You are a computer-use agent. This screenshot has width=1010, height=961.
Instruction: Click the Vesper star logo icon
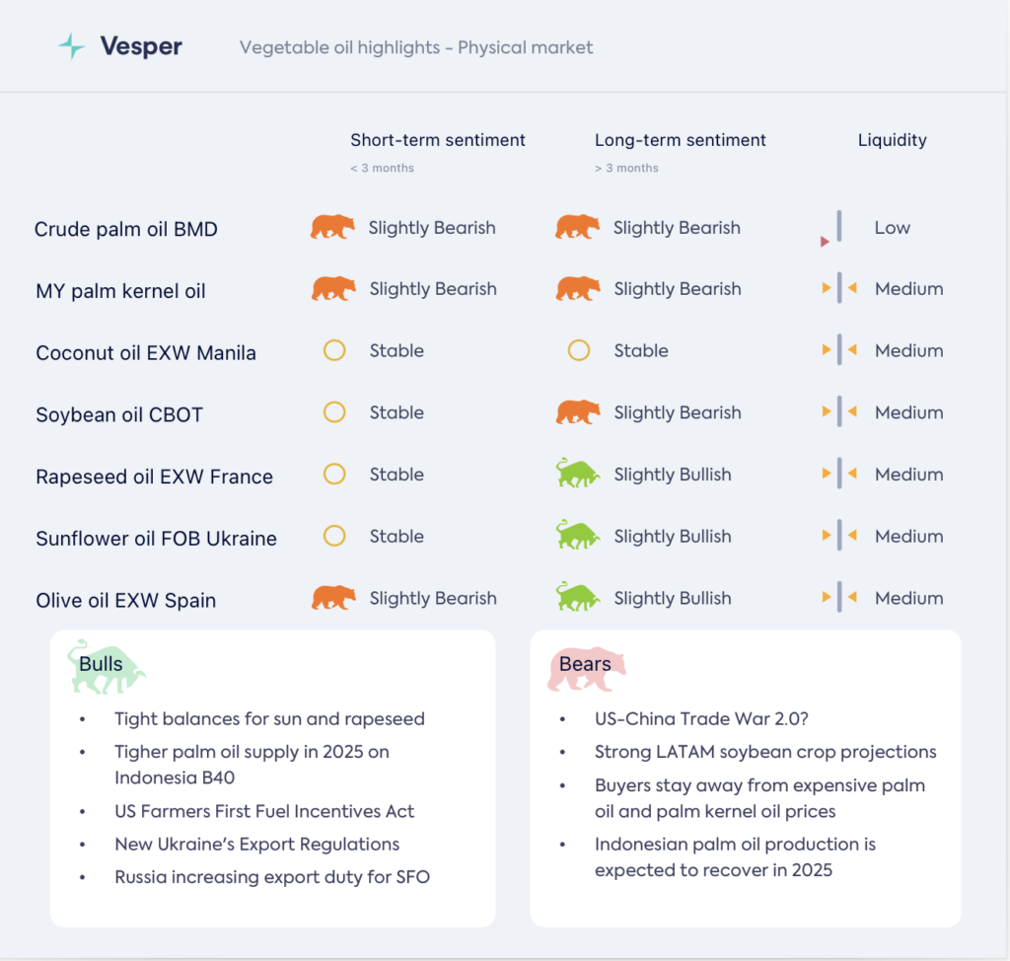[71, 46]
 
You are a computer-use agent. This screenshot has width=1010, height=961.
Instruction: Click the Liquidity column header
[892, 140]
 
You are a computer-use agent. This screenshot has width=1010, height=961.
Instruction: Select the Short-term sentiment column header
[438, 140]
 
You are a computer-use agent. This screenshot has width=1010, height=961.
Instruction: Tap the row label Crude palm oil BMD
[125, 229]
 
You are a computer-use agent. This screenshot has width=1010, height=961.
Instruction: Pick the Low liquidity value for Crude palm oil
[892, 228]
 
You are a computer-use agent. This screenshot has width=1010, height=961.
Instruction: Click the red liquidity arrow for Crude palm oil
[825, 242]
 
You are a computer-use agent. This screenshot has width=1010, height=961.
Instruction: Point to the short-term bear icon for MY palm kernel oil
[333, 289]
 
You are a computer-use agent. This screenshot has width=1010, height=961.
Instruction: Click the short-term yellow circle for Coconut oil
[334, 350]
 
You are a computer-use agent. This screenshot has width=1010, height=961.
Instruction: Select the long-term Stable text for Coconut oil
[641, 350]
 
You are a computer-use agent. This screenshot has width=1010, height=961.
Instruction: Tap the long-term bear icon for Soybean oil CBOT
[578, 412]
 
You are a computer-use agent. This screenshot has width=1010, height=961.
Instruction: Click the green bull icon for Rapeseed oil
[578, 475]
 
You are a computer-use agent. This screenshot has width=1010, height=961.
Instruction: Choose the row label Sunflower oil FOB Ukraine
[156, 539]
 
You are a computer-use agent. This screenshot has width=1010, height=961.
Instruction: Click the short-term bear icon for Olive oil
[333, 598]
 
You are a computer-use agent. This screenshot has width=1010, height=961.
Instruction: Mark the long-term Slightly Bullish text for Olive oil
[673, 598]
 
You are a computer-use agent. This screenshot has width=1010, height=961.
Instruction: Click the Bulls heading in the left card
[102, 664]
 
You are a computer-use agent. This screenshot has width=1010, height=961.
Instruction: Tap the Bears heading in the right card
[585, 664]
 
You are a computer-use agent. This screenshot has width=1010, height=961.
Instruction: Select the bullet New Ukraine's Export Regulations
[256, 844]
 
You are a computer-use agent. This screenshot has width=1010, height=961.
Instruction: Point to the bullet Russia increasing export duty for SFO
[272, 876]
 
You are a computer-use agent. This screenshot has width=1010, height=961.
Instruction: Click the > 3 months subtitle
[626, 168]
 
